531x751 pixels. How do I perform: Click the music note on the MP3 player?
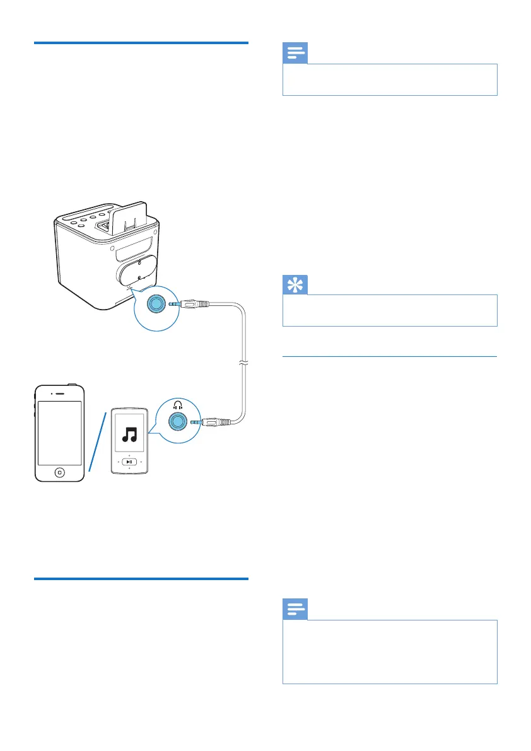tap(130, 435)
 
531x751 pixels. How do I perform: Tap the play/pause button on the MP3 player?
tap(130, 462)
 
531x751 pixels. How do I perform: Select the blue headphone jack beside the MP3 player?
tap(178, 422)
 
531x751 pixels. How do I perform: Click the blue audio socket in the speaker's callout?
tap(155, 304)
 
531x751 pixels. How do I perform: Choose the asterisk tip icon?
tap(295, 284)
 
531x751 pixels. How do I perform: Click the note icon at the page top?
tap(295, 54)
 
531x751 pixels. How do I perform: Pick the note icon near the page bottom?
tap(295, 610)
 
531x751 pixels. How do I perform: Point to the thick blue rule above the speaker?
tap(141, 43)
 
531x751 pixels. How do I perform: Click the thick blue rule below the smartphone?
tap(141, 578)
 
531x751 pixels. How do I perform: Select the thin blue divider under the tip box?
tap(390, 357)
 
